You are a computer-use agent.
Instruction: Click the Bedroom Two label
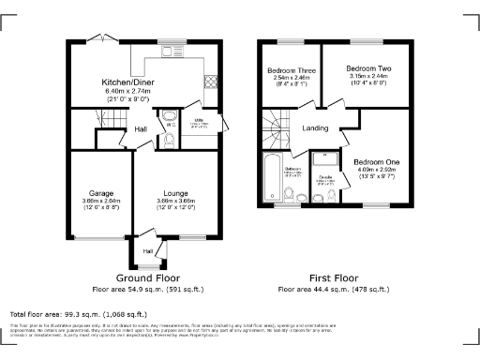(367, 69)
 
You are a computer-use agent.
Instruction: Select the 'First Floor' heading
(334, 278)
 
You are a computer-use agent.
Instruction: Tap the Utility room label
(199, 122)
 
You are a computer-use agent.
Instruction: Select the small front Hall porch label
(147, 250)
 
